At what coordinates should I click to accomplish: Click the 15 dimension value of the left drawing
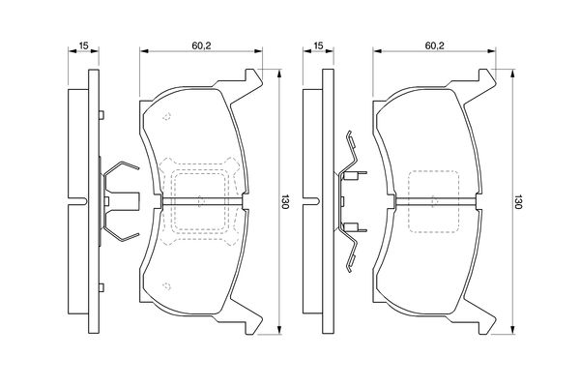pos(84,46)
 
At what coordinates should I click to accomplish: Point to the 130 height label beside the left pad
pos(285,201)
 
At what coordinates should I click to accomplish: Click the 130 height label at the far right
pos(519,201)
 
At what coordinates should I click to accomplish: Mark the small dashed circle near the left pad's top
pos(167,118)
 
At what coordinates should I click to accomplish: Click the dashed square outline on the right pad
pos(432,201)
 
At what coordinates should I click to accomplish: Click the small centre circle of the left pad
pos(198,200)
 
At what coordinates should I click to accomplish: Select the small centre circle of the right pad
pos(432,200)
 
